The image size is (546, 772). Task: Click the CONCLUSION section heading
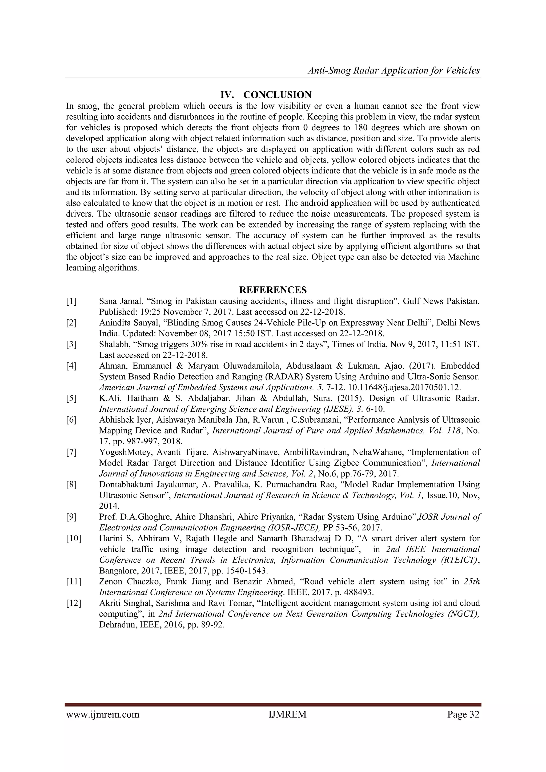point(277,95)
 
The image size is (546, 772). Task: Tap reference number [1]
point(71,301)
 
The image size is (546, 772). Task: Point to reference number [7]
point(71,452)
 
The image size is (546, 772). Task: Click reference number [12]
point(74,603)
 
